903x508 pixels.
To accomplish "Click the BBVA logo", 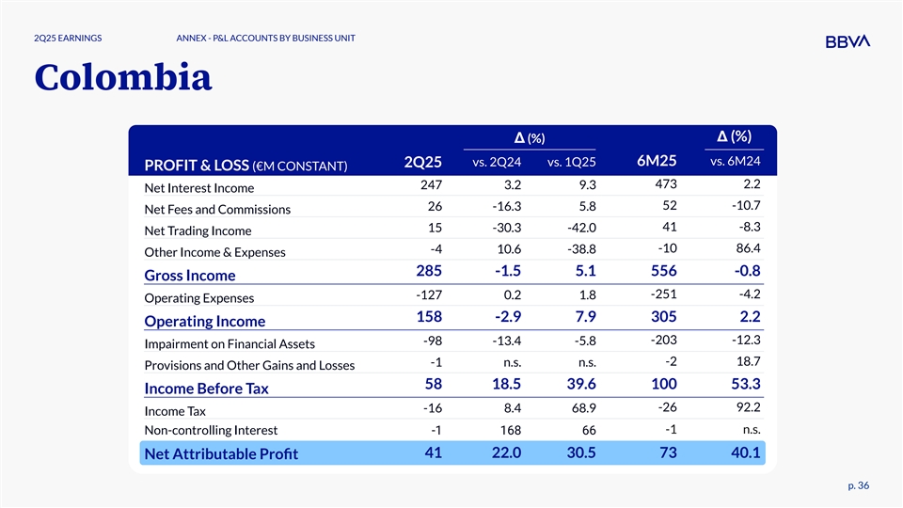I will click(x=847, y=40).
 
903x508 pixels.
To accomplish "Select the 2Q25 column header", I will click(x=422, y=162).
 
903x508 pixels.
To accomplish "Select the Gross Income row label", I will click(x=189, y=275).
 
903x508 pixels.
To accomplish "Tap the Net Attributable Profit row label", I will click(x=220, y=454).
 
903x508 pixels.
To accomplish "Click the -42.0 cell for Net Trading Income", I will click(x=578, y=229).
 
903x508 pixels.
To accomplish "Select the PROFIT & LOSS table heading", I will click(x=246, y=167).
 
